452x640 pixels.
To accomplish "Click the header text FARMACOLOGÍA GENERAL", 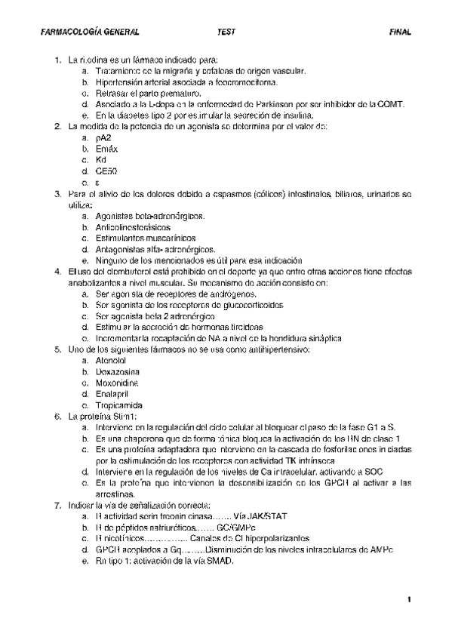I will (90, 33).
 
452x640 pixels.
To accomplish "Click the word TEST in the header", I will (226, 33).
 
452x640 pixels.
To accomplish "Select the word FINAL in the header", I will (400, 33).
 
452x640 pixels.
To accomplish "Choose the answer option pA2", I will (103, 138).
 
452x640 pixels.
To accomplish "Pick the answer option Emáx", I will (107, 149).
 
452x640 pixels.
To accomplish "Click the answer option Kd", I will (102, 160).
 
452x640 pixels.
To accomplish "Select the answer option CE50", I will (106, 171).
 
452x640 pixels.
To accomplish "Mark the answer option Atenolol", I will (112, 361).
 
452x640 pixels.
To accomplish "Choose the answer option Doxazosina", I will (118, 372).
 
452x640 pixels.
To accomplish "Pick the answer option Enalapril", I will (112, 394).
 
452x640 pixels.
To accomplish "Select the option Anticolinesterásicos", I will (133, 226).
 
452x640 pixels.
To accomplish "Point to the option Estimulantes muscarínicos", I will (140, 238).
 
